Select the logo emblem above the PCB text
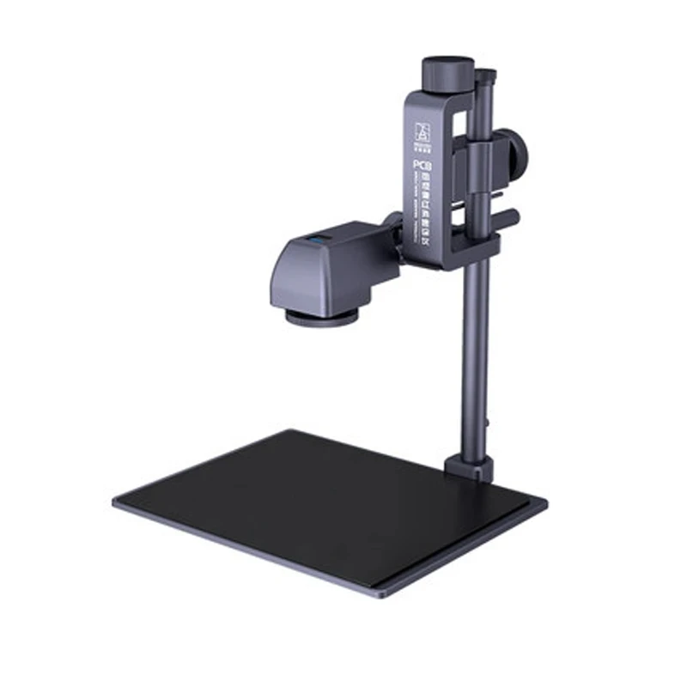pyautogui.click(x=422, y=131)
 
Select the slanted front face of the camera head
pyautogui.click(x=296, y=275)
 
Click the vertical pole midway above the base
pyautogui.click(x=475, y=361)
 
